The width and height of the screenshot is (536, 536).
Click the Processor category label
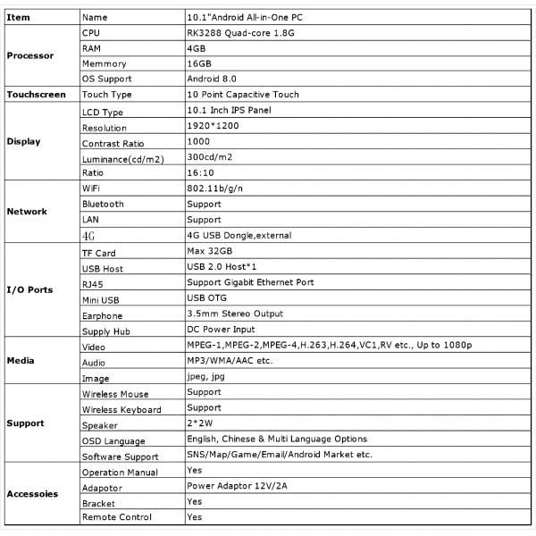point(30,55)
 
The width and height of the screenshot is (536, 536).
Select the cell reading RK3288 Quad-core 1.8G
point(235,31)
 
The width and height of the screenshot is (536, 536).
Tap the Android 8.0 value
point(211,78)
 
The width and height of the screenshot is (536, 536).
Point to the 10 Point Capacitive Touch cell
point(242,94)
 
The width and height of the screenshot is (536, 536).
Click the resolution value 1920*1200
point(213,128)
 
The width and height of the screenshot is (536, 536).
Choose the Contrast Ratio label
point(113,144)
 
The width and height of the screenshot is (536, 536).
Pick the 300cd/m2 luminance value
point(210,156)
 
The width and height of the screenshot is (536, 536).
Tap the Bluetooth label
point(103,205)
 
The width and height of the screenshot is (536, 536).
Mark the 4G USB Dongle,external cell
point(239,236)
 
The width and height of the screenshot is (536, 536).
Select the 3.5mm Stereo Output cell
point(235,314)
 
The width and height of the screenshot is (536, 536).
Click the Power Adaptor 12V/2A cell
point(237,487)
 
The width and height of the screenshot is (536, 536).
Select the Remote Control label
point(117,517)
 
